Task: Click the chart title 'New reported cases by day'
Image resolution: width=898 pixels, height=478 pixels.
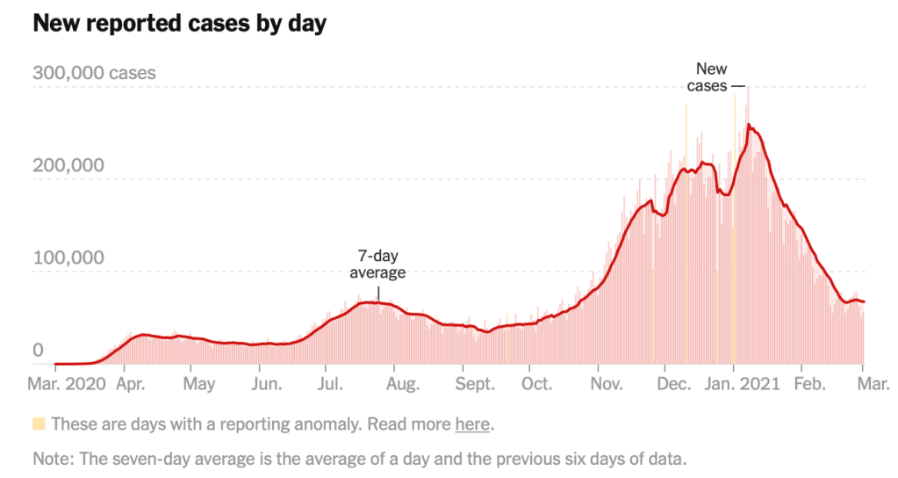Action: pyautogui.click(x=179, y=24)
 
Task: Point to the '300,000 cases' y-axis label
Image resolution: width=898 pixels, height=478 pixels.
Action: pyautogui.click(x=94, y=73)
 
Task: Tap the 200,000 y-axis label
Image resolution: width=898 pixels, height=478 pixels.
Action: pyautogui.click(x=68, y=165)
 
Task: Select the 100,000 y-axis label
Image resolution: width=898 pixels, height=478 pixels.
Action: pyautogui.click(x=68, y=257)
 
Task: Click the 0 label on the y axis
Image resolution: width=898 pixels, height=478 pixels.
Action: pyautogui.click(x=38, y=350)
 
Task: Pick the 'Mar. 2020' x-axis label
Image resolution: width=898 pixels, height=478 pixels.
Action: pyautogui.click(x=68, y=384)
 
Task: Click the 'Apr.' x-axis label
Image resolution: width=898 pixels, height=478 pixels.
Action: pyautogui.click(x=130, y=384)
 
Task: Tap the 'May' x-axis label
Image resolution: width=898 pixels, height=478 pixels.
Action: pyautogui.click(x=199, y=384)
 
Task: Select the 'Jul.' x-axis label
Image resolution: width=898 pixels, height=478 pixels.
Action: pyautogui.click(x=330, y=384)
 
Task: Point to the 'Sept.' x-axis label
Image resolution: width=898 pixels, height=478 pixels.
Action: pyautogui.click(x=475, y=384)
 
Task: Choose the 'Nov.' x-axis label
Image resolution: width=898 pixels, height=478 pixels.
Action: pyautogui.click(x=607, y=384)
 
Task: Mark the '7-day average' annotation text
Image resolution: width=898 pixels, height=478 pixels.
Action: pyautogui.click(x=377, y=264)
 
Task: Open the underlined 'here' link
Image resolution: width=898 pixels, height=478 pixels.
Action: pyautogui.click(x=471, y=424)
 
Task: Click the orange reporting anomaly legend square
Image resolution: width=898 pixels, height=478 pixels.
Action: pyautogui.click(x=39, y=424)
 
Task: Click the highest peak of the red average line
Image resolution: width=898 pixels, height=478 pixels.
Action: pyautogui.click(x=749, y=125)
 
